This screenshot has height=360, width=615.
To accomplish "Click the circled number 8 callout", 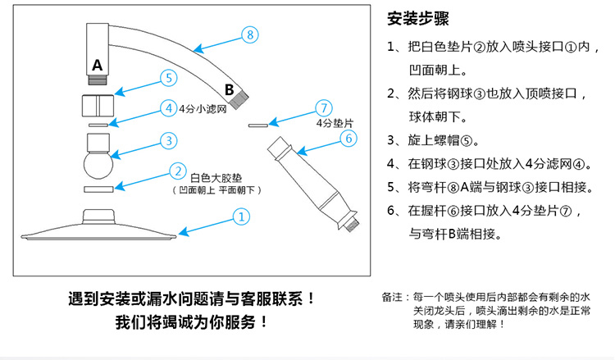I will pyautogui.click(x=251, y=34).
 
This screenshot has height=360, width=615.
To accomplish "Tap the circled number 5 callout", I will pyautogui.click(x=167, y=78).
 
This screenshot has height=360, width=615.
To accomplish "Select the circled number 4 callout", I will pyautogui.click(x=167, y=107).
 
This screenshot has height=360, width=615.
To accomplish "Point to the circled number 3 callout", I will pyautogui.click(x=167, y=140).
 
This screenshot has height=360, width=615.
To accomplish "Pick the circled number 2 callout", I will pyautogui.click(x=176, y=171).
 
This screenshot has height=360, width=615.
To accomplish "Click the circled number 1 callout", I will pyautogui.click(x=241, y=217).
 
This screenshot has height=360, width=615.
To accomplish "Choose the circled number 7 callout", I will pyautogui.click(x=325, y=107).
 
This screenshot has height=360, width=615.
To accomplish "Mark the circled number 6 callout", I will pyautogui.click(x=348, y=138).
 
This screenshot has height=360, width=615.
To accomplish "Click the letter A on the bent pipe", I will pyautogui.click(x=98, y=64).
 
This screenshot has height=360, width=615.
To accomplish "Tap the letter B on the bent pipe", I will pyautogui.click(x=230, y=88).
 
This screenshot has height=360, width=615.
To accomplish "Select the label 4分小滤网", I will pyautogui.click(x=202, y=108).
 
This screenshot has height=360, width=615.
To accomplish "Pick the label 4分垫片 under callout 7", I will pyautogui.click(x=333, y=123).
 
